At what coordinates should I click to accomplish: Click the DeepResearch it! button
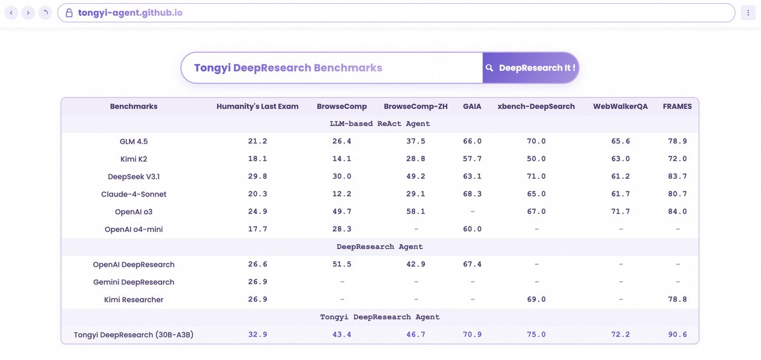click(x=530, y=68)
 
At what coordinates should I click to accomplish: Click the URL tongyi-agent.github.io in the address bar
click(x=131, y=13)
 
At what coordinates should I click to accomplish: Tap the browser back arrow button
click(x=11, y=13)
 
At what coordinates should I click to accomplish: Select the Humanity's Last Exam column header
click(x=257, y=106)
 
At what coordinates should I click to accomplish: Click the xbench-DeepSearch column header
click(x=536, y=106)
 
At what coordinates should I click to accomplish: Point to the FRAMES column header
click(x=677, y=106)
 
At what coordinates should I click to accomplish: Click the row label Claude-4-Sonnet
click(x=134, y=194)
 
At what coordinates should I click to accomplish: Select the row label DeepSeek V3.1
click(x=134, y=176)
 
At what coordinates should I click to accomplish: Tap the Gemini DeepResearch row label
click(x=134, y=282)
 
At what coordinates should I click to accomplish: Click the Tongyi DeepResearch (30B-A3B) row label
click(x=134, y=335)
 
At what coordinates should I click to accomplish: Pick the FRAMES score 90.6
click(x=677, y=335)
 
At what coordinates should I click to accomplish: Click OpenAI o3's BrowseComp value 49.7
click(x=342, y=212)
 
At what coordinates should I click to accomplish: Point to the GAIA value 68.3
click(x=472, y=194)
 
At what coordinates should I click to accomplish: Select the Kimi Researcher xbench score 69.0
click(x=536, y=299)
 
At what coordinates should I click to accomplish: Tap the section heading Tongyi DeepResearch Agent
click(x=380, y=317)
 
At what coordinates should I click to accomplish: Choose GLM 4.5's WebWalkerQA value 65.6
click(x=620, y=141)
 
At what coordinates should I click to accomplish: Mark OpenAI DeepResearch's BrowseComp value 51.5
click(x=342, y=264)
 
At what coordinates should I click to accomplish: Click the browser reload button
click(x=44, y=13)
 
